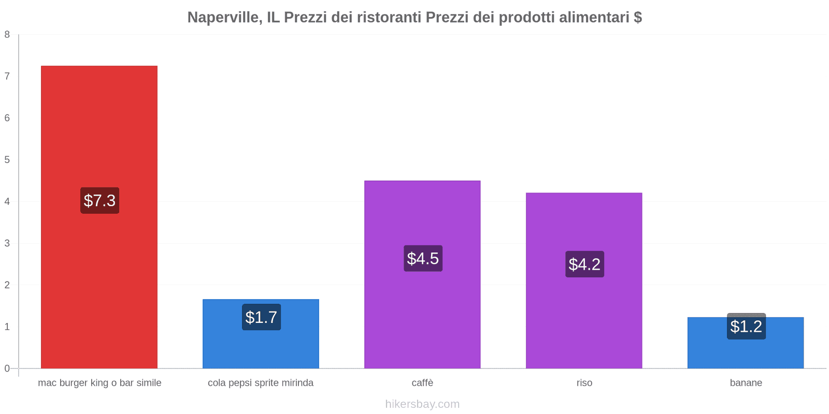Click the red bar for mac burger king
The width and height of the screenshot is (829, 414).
(x=99, y=129)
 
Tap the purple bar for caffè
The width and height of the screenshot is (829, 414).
(x=422, y=217)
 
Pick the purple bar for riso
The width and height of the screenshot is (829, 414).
(x=584, y=228)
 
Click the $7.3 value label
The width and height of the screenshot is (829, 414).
(x=99, y=200)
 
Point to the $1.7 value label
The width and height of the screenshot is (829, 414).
(x=261, y=317)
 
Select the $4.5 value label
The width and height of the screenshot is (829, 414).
(x=423, y=258)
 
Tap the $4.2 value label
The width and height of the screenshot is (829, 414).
(x=584, y=264)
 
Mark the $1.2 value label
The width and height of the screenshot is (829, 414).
(x=746, y=327)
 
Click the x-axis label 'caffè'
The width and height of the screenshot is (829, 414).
(x=422, y=383)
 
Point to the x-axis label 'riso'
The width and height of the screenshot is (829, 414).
(x=584, y=383)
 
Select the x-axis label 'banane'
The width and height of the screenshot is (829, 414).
(x=746, y=383)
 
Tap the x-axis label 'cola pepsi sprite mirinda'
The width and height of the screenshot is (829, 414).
(x=261, y=383)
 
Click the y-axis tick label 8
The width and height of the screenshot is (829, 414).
(x=7, y=35)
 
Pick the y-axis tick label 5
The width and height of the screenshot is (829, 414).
(x=7, y=160)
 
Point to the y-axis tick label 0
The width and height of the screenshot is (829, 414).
(x=7, y=368)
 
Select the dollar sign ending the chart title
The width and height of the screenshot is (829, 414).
(x=638, y=18)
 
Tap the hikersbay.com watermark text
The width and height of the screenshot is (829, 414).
(x=422, y=404)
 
